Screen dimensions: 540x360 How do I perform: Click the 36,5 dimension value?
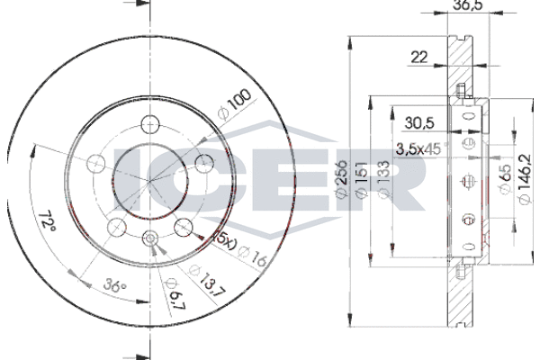(x=468, y=4)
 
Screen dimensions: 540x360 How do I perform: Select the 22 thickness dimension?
(x=419, y=57)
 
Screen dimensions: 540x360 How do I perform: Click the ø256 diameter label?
(x=340, y=179)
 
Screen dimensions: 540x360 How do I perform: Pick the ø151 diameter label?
(x=361, y=179)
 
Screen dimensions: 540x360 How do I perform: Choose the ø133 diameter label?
(x=384, y=179)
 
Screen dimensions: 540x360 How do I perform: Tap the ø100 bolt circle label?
(x=234, y=103)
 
